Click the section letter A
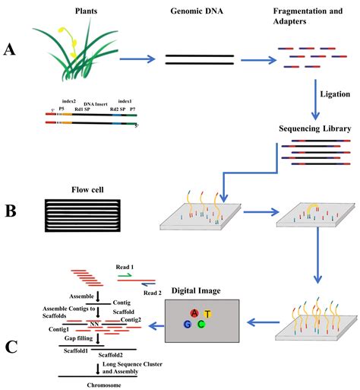point(9,50)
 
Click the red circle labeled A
point(194,313)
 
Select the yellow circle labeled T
point(207,314)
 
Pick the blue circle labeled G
point(188,325)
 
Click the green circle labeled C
point(201,325)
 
